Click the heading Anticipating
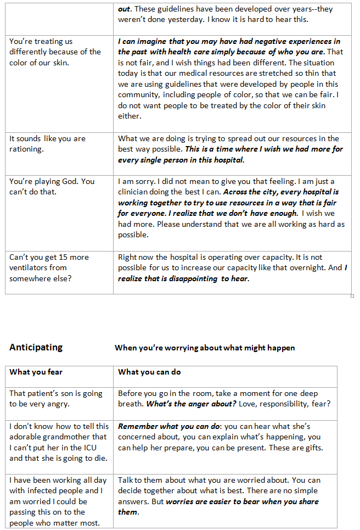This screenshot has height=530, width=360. [36, 347]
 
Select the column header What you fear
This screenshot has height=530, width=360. [36, 372]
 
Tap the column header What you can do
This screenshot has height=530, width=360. [150, 372]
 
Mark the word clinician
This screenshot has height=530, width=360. [136, 192]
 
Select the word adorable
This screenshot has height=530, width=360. [26, 437]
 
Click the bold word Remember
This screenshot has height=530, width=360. [138, 426]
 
